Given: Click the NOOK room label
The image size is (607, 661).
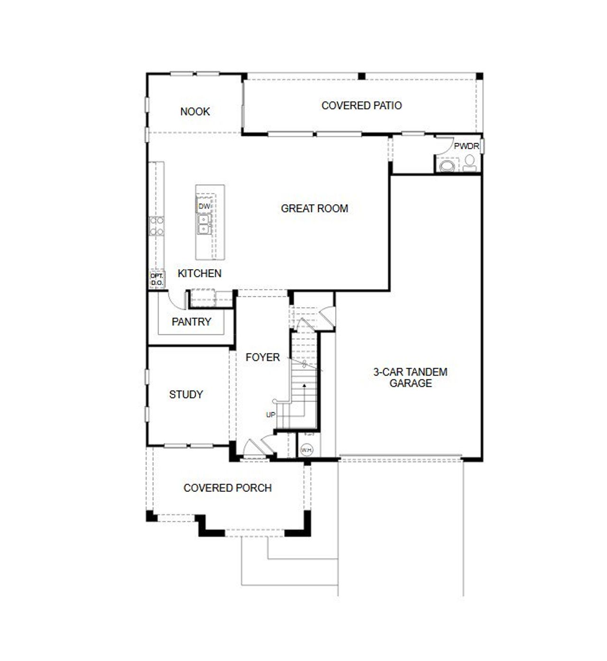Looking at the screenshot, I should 195,111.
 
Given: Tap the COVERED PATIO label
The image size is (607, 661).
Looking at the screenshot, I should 361,105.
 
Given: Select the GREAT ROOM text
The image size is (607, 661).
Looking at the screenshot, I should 314,208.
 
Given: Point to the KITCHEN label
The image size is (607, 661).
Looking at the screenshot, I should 199,273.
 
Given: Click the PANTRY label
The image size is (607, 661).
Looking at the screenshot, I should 191,322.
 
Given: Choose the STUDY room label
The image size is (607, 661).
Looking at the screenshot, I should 186,394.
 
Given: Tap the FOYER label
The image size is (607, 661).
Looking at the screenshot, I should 262,357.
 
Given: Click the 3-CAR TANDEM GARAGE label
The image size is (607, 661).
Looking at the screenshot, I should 410,378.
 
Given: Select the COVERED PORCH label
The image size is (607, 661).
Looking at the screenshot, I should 227,488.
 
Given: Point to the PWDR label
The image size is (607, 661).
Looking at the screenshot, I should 466,146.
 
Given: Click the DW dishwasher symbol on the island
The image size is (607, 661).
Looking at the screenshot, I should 204,206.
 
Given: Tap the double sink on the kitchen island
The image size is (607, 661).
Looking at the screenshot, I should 203,225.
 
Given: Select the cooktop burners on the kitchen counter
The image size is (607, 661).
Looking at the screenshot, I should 156,226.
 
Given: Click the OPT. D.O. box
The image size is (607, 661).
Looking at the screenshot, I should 156,280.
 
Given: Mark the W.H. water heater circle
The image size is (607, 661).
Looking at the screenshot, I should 306,450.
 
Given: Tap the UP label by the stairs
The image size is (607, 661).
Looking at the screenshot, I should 270,415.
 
